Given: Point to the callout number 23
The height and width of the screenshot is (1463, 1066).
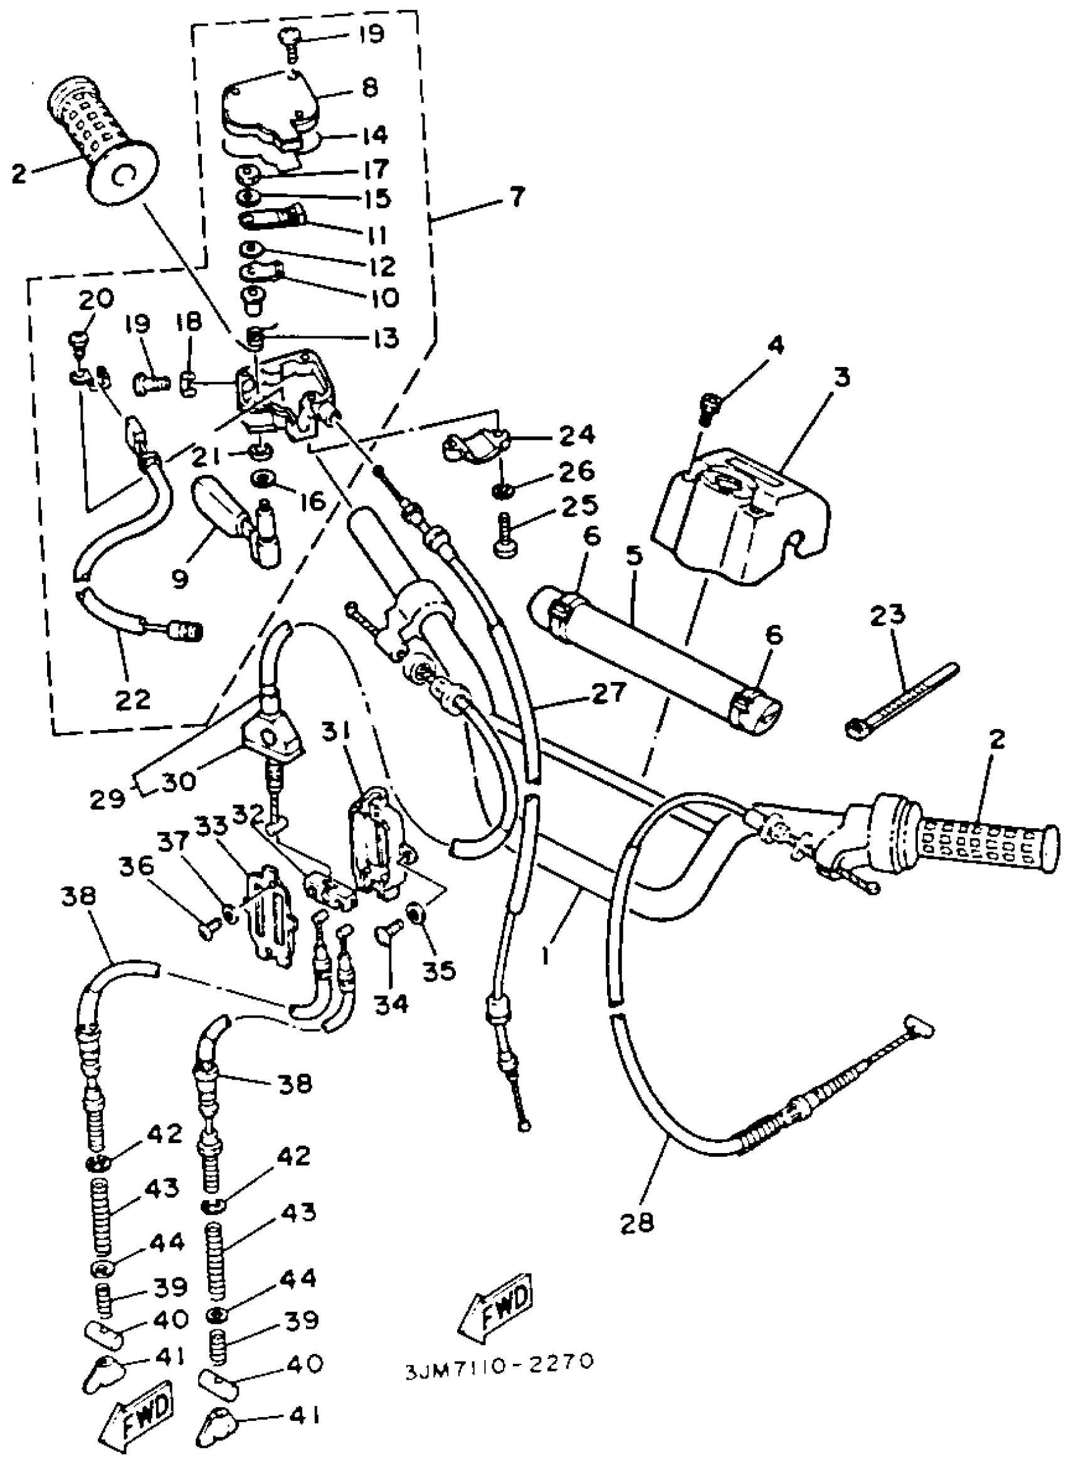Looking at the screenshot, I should tap(887, 617).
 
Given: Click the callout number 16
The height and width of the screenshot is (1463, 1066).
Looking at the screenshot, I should tap(314, 501).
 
